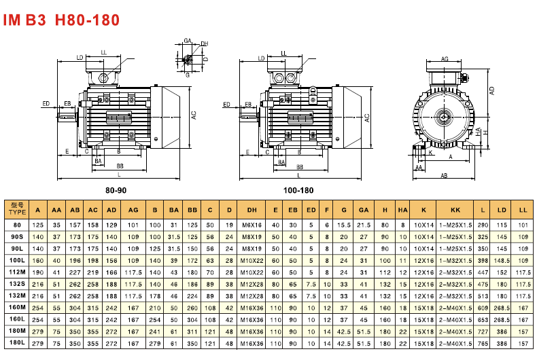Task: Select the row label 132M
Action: [17, 296]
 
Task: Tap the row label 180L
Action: [17, 344]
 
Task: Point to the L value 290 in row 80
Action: [483, 224]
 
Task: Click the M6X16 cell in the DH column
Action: [252, 224]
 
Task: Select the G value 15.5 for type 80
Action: [345, 224]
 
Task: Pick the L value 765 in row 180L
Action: [483, 344]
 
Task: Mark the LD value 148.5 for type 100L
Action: [503, 260]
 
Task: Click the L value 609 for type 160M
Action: [483, 308]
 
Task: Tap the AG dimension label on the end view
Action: [445, 60]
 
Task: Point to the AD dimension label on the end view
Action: [492, 89]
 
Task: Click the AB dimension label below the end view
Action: [444, 175]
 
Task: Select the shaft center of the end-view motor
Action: [444, 117]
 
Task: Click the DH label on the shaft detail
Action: [205, 44]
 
